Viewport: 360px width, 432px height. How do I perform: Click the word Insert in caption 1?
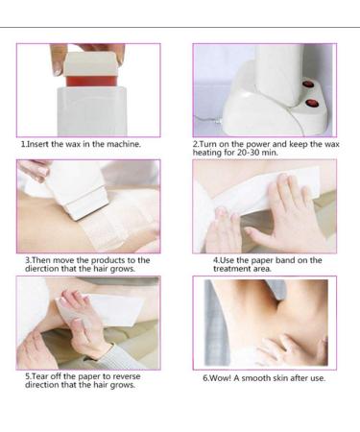40,144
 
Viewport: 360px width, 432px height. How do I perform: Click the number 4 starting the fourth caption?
216,260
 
